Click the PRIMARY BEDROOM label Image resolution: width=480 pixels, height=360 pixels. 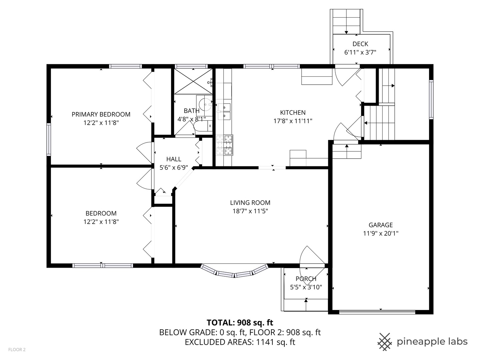coord(101,114)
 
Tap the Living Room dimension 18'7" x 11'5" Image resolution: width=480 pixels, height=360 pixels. coord(250,211)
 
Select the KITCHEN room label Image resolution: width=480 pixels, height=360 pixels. coord(293,113)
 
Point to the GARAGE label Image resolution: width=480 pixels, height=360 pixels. coord(380,225)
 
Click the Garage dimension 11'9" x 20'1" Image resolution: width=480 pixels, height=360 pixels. coord(380,233)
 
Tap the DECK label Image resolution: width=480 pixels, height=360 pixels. coord(360,44)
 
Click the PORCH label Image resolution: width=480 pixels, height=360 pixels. coord(306,279)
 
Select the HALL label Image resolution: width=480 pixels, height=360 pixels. coord(174,159)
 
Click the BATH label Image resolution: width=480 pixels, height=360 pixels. coord(191,111)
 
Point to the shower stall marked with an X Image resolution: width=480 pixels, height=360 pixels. coord(193,81)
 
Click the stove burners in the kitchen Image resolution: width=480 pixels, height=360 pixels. coord(224,145)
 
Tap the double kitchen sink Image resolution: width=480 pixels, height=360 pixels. coord(224,111)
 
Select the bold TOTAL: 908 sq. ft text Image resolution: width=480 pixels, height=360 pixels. coord(240,323)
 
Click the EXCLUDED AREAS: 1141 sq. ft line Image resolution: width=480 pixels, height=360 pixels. coord(240,342)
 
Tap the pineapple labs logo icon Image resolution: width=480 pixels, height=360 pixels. coord(385,342)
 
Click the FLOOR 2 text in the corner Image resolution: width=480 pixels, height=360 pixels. coord(17,350)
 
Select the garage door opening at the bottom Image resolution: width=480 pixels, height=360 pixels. coord(377,312)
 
